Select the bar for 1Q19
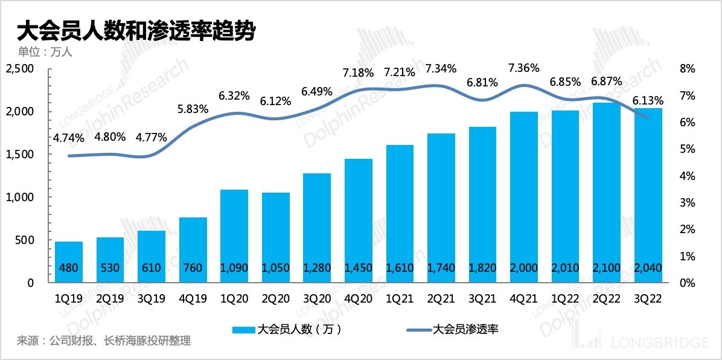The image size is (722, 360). (69, 262)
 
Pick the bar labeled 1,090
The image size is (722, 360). (234, 236)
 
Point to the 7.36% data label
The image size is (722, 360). (523, 68)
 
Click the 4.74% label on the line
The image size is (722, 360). (69, 138)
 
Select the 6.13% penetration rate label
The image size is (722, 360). (647, 100)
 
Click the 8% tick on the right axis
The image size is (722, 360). (687, 69)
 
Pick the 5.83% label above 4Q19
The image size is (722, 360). (193, 109)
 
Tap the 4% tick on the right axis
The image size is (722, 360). (687, 176)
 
